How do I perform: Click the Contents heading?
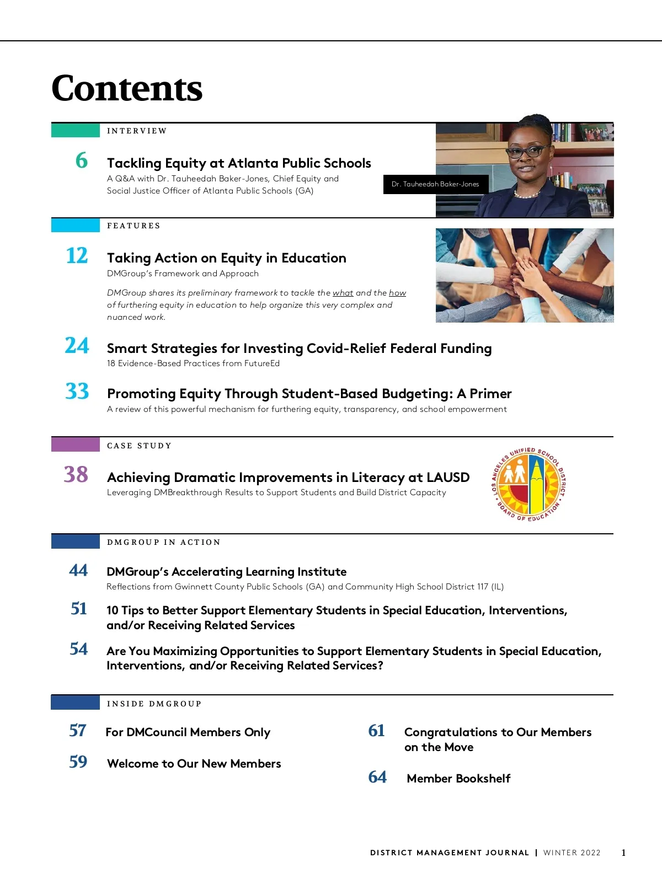click(x=127, y=89)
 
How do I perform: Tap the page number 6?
click(x=82, y=160)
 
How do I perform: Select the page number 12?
click(x=77, y=256)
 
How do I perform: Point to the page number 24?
click(x=77, y=346)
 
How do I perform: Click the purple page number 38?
click(x=76, y=474)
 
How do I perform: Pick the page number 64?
click(x=377, y=777)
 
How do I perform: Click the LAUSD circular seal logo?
click(x=529, y=485)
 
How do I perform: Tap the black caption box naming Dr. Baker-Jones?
click(x=435, y=184)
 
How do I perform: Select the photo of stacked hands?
click(x=524, y=276)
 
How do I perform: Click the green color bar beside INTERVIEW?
click(x=75, y=131)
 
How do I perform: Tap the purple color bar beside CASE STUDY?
click(x=75, y=444)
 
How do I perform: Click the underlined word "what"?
click(x=343, y=293)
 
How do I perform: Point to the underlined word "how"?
click(x=397, y=293)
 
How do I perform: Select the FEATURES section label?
click(x=134, y=226)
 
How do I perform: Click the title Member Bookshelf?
click(x=458, y=779)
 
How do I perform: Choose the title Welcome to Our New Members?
click(x=194, y=764)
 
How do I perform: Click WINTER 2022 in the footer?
click(x=572, y=853)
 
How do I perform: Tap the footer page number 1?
click(x=623, y=853)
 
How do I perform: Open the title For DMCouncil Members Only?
click(x=188, y=732)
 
